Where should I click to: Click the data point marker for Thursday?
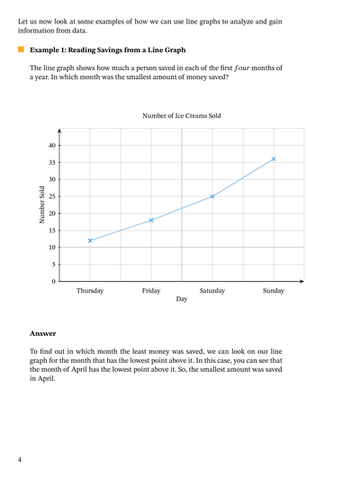[90, 240]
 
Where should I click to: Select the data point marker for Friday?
[151, 220]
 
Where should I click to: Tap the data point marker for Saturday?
[212, 196]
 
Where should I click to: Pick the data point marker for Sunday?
[274, 158]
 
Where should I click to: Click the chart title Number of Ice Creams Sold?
[181, 116]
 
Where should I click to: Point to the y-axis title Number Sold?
[42, 204]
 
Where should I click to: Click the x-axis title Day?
[182, 298]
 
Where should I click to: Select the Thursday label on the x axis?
[90, 290]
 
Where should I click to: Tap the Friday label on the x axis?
[151, 290]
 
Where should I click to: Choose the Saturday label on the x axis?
[212, 290]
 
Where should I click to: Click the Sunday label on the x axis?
[274, 290]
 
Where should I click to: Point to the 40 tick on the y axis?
[51, 145]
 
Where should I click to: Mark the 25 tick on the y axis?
[51, 196]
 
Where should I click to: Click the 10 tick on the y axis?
[51, 248]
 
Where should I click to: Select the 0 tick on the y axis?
[53, 282]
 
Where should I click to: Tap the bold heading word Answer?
[42, 333]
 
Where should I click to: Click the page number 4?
[19, 460]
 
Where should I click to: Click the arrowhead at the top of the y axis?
[59, 131]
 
